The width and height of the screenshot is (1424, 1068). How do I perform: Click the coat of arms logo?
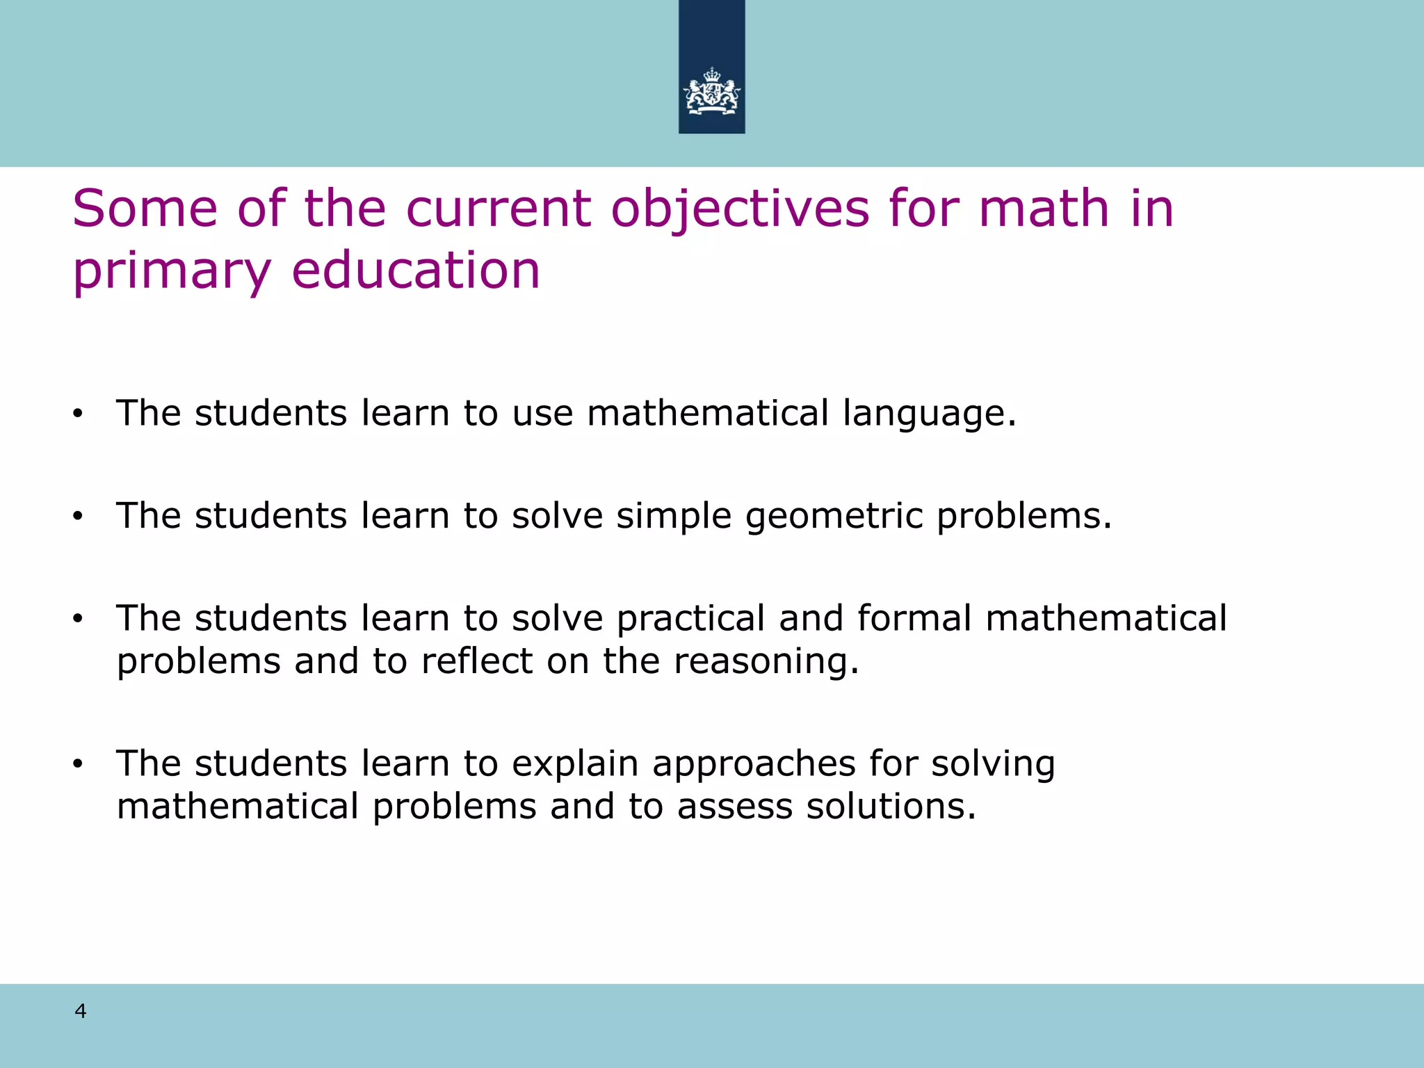(x=711, y=91)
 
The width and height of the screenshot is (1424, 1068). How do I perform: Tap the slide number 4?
(x=81, y=1011)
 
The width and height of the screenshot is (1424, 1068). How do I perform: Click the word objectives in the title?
(x=740, y=209)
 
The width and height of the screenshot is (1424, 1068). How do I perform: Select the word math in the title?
(x=1043, y=209)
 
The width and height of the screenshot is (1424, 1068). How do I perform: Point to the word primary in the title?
(x=172, y=271)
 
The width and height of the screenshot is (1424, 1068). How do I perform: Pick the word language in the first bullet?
(x=929, y=414)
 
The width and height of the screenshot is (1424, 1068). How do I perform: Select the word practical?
(x=690, y=620)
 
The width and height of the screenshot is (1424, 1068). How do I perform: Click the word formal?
(x=914, y=618)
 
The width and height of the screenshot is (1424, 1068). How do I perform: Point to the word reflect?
(x=477, y=661)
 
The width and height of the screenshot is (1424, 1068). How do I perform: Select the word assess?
(x=734, y=807)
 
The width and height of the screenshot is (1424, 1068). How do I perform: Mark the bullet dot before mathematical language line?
(x=77, y=414)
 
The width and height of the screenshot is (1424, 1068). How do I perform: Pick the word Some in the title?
(x=145, y=209)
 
